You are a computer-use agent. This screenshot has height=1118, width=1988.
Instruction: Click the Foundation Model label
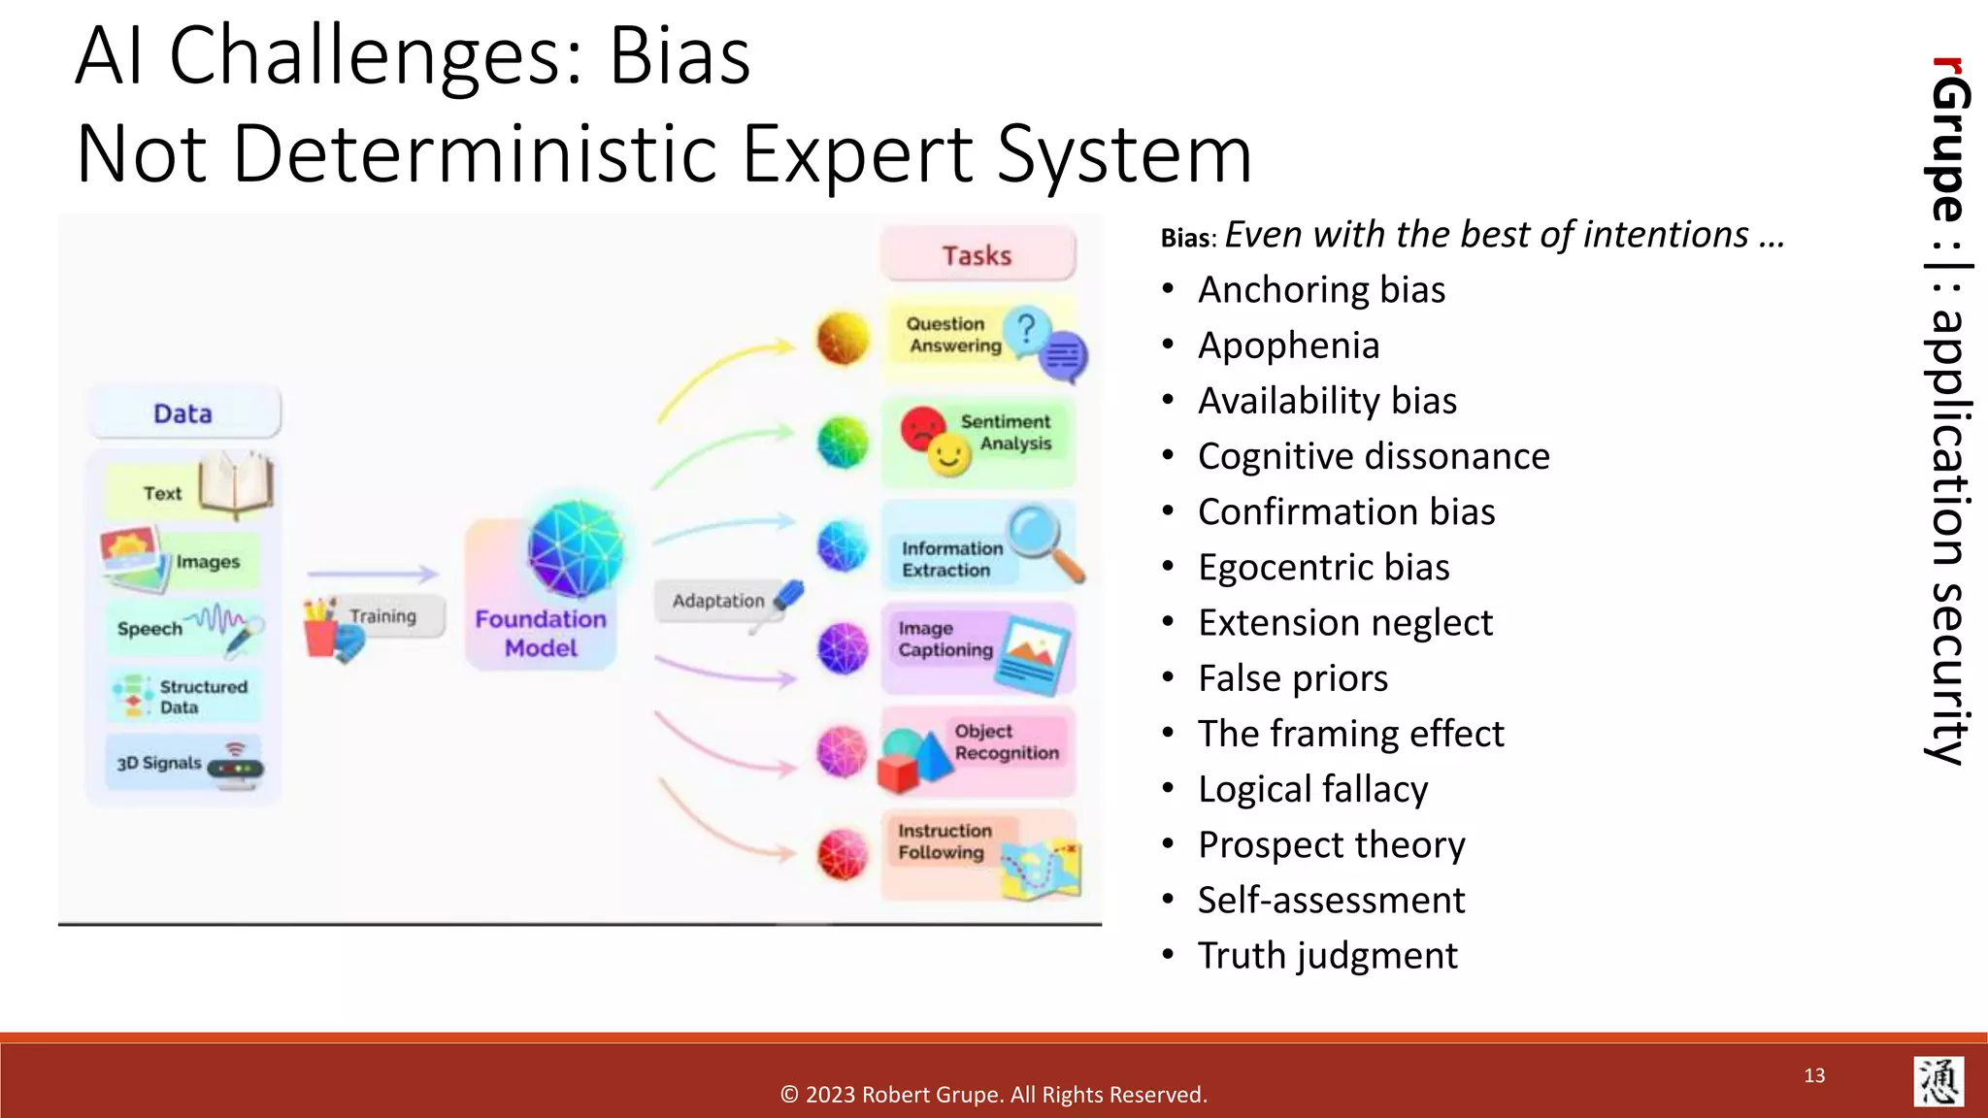click(x=541, y=634)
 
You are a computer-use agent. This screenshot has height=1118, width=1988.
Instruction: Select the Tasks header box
click(x=977, y=255)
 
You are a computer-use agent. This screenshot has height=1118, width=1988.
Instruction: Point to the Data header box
click(x=183, y=413)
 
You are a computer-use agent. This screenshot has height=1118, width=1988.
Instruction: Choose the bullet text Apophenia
click(x=1288, y=345)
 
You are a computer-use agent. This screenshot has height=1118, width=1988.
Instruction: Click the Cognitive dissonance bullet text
click(x=1374, y=456)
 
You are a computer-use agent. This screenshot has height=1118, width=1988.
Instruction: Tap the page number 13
click(x=1814, y=1075)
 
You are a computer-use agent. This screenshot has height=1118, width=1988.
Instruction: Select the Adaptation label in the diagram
click(x=718, y=601)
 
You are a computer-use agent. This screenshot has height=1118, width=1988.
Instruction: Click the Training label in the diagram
click(x=382, y=616)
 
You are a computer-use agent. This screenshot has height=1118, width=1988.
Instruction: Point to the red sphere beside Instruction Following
click(x=842, y=854)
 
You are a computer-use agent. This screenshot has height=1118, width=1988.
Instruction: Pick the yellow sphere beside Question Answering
click(x=842, y=338)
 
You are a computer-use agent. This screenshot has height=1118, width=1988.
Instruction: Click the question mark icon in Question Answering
click(x=1025, y=328)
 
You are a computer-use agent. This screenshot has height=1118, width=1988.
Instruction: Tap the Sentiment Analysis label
click(x=1007, y=433)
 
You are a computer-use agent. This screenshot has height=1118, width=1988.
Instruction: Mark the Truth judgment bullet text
click(x=1327, y=956)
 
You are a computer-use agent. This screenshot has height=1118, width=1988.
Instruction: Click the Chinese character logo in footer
click(x=1938, y=1081)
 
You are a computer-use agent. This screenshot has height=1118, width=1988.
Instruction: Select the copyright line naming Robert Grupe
click(x=994, y=1095)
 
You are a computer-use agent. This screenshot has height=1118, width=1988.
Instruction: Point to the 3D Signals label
click(x=159, y=763)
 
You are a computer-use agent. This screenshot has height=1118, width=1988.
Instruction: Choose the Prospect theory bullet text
click(x=1331, y=845)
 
